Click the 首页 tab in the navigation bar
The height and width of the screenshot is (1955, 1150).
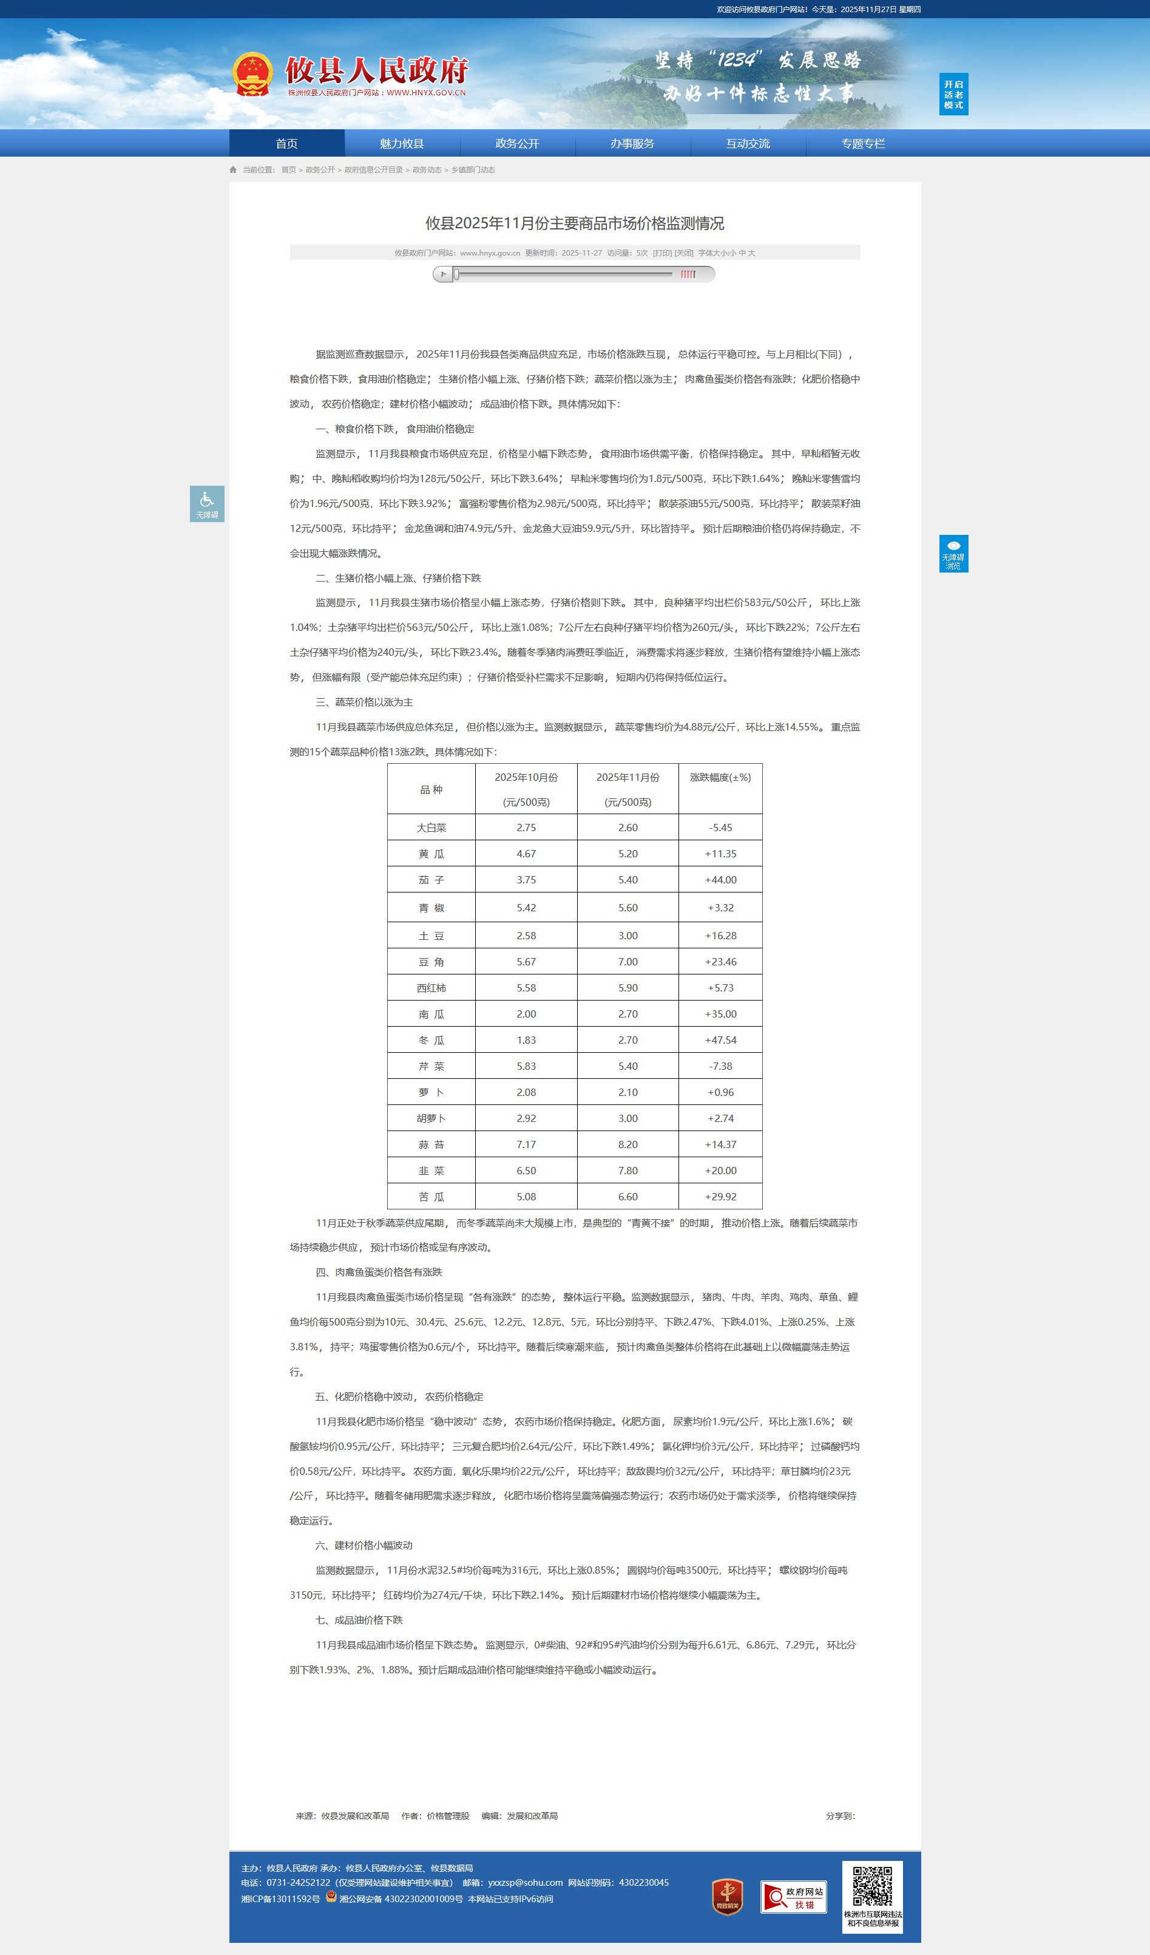[x=287, y=143]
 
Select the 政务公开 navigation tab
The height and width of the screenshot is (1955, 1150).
[x=517, y=143]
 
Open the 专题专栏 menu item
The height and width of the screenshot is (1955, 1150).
[x=863, y=143]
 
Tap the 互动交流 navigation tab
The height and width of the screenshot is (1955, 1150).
[x=748, y=143]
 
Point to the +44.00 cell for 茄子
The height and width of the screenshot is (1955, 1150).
[x=720, y=880]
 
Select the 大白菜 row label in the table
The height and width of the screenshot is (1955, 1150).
[x=431, y=828]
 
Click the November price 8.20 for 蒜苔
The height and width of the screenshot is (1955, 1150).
[x=627, y=1144]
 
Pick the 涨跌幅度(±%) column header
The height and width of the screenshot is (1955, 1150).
[x=720, y=777]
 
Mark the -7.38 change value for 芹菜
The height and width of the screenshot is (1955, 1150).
[x=720, y=1066]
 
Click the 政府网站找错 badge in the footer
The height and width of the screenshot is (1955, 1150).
[x=793, y=1897]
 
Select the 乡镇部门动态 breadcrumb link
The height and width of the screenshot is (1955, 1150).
[x=473, y=170]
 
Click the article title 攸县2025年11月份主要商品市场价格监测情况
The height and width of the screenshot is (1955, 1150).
[x=575, y=223]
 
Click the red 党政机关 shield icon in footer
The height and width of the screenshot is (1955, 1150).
[x=728, y=1897]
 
